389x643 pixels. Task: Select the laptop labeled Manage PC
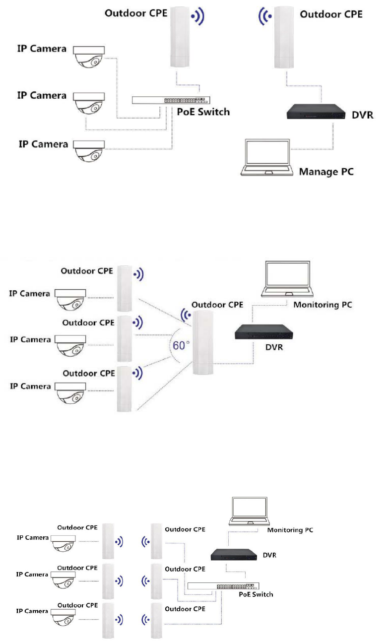(266, 158)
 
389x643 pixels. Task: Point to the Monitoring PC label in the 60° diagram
(323, 305)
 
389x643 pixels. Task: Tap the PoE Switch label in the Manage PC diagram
(203, 112)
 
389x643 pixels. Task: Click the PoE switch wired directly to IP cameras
(171, 100)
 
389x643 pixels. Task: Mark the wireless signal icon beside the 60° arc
(186, 315)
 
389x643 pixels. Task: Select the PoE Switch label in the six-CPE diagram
(256, 594)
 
